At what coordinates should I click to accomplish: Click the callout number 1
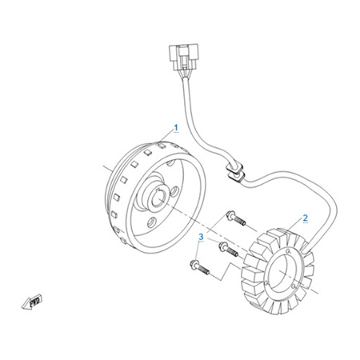[x=176, y=127]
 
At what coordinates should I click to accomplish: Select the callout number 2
[x=306, y=218]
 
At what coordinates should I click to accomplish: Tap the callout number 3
[x=201, y=237]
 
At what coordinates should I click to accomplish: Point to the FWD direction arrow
[x=31, y=302]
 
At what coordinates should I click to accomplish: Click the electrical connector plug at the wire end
[x=183, y=58]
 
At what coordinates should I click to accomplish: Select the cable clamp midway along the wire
[x=235, y=172]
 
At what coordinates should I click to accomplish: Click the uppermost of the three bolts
[x=236, y=218]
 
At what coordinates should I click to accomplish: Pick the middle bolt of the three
[x=228, y=250]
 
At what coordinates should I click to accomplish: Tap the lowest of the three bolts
[x=199, y=267]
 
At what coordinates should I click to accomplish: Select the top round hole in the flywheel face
[x=170, y=163]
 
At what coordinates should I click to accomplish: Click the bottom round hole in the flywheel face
[x=152, y=222]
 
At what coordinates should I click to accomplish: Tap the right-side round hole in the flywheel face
[x=174, y=192]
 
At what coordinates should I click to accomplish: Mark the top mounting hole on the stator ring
[x=287, y=251]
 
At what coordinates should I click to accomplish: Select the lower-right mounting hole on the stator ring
[x=294, y=286]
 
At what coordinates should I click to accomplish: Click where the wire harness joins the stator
[x=306, y=249]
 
